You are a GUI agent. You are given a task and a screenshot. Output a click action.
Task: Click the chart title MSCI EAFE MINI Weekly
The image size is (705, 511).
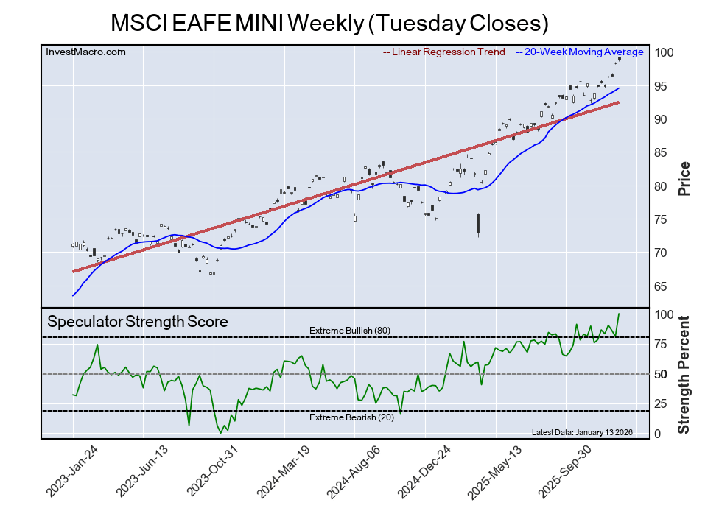tap(329, 23)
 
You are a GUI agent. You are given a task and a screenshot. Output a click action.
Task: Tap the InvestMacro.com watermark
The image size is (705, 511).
tap(85, 52)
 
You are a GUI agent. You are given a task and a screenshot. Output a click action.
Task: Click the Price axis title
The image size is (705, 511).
tap(684, 178)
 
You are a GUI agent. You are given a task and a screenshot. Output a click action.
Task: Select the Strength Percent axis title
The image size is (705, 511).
tap(684, 374)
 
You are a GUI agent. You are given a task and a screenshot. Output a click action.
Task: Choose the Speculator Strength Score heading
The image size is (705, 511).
tap(138, 322)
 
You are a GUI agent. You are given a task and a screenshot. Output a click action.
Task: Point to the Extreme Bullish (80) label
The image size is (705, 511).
tap(349, 330)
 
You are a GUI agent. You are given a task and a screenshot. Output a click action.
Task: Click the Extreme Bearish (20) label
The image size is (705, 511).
tap(349, 418)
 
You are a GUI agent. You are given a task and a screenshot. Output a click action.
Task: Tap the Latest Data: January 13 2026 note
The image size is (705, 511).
tap(581, 432)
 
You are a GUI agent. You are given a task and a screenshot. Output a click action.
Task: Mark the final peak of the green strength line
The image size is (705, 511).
tap(619, 314)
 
